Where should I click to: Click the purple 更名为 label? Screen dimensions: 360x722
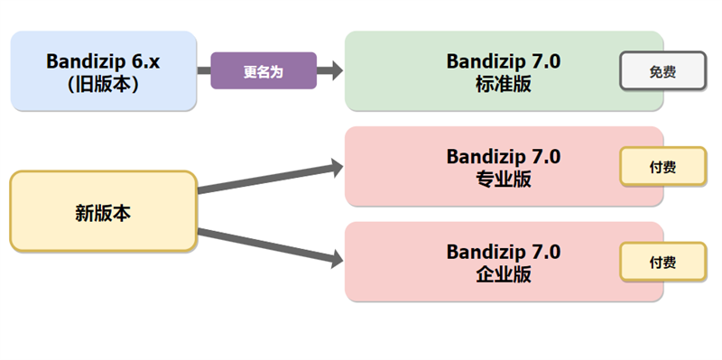click(264, 71)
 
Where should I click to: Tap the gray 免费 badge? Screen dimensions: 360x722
click(662, 71)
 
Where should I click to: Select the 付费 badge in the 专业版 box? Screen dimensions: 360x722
click(662, 167)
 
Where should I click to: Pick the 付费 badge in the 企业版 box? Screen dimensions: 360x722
click(662, 262)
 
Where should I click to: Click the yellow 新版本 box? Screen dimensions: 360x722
click(103, 212)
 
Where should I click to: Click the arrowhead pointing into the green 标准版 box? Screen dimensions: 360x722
click(335, 71)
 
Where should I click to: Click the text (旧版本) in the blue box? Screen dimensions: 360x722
click(103, 83)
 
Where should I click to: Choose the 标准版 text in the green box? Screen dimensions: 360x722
click(503, 83)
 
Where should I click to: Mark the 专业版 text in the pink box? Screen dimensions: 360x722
click(503, 179)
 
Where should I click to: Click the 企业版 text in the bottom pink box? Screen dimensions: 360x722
click(503, 274)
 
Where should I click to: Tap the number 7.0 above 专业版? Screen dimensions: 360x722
click(541, 156)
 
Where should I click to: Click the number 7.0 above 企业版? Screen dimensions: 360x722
click(541, 252)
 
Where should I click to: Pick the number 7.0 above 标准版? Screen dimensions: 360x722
click(541, 60)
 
